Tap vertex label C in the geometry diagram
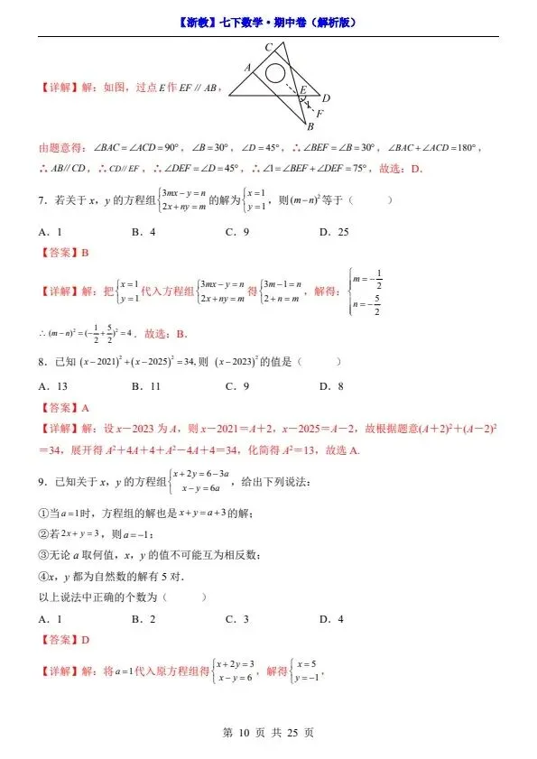pyautogui.click(x=268, y=47)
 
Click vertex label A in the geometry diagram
pyautogui.click(x=246, y=67)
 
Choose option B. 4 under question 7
pyautogui.click(x=144, y=232)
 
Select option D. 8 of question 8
pyautogui.click(x=331, y=386)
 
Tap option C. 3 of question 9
pyautogui.click(x=237, y=619)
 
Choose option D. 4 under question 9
pyautogui.click(x=331, y=619)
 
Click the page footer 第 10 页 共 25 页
pyautogui.click(x=268, y=733)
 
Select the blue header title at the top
pyautogui.click(x=268, y=22)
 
